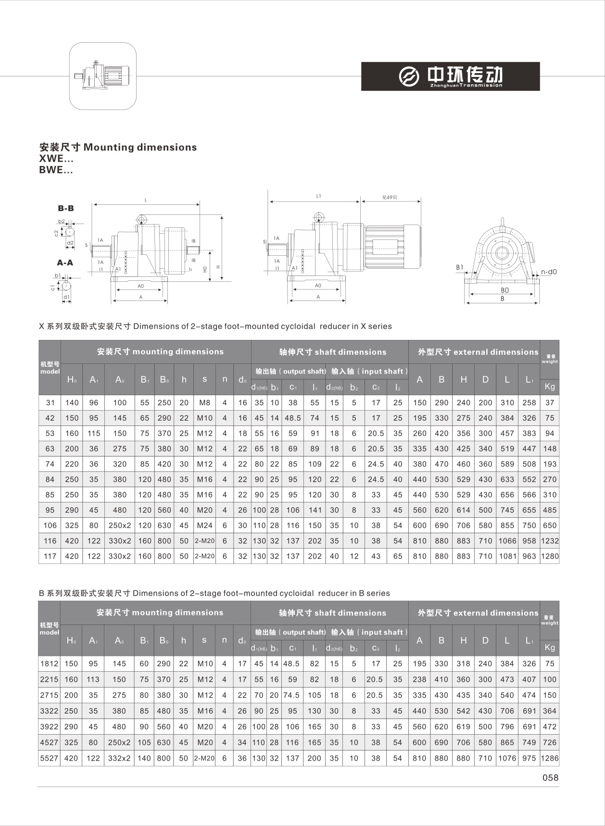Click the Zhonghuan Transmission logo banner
click(x=450, y=76)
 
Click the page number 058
click(x=550, y=777)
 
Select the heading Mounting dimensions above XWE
click(x=118, y=147)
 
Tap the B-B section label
click(x=66, y=208)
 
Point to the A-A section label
click(x=65, y=263)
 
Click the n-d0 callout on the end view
click(x=548, y=272)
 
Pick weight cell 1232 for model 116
click(x=550, y=540)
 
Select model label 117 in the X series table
click(x=50, y=556)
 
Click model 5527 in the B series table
click(x=49, y=758)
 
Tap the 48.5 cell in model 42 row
click(x=292, y=418)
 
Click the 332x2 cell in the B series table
click(x=119, y=758)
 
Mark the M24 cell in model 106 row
click(x=204, y=525)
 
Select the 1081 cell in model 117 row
click(x=507, y=556)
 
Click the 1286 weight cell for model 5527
click(x=549, y=758)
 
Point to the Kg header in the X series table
click(x=550, y=387)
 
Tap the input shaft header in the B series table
click(x=369, y=632)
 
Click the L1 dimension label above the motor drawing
click(x=318, y=196)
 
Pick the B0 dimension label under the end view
click(x=504, y=290)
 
